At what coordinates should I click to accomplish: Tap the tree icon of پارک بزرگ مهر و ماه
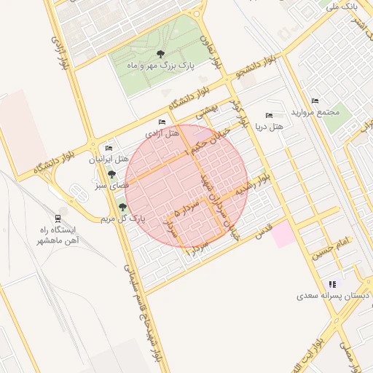[x=160, y=54]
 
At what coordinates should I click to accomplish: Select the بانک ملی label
[x=342, y=7]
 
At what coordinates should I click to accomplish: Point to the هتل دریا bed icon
[x=269, y=115]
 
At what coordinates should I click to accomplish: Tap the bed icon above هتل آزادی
[x=162, y=122]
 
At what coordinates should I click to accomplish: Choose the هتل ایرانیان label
[x=109, y=158]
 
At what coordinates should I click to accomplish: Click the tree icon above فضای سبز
[x=112, y=174]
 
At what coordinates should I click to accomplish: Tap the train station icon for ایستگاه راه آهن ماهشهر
[x=58, y=218]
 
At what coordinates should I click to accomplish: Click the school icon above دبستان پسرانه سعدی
[x=333, y=284]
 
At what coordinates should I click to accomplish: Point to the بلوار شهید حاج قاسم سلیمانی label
[x=144, y=321]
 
